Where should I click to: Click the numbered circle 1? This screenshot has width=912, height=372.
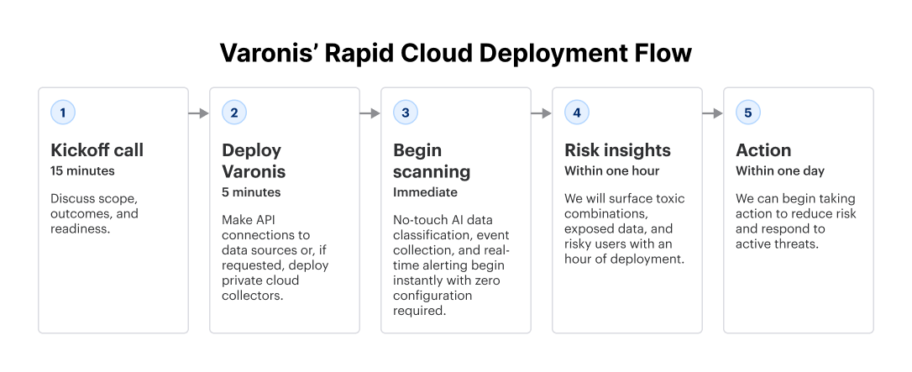pyautogui.click(x=63, y=113)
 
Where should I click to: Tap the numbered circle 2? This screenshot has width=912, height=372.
pyautogui.click(x=234, y=113)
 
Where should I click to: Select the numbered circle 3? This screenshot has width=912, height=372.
pyautogui.click(x=406, y=113)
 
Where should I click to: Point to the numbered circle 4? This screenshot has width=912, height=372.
pyautogui.click(x=577, y=113)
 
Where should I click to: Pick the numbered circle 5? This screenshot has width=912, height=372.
pyautogui.click(x=748, y=113)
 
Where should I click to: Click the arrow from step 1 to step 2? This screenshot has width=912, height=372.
pyautogui.click(x=199, y=113)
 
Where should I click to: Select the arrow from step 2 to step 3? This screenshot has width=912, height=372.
pyautogui.click(x=370, y=113)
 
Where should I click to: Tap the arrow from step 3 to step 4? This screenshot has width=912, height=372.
pyautogui.click(x=542, y=113)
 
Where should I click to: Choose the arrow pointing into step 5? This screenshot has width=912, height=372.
pyautogui.click(x=713, y=113)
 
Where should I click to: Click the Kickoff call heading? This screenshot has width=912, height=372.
pyautogui.click(x=97, y=150)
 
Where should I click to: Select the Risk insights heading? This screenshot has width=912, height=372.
pyautogui.click(x=617, y=150)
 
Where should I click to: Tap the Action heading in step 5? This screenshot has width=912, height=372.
pyautogui.click(x=763, y=150)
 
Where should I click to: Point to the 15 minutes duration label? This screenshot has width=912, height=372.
pyautogui.click(x=82, y=171)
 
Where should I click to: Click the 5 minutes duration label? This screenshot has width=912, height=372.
pyautogui.click(x=251, y=193)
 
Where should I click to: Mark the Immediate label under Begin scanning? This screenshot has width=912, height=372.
pyautogui.click(x=425, y=193)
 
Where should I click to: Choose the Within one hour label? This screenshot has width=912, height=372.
pyautogui.click(x=611, y=171)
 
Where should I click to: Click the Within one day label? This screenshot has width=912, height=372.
pyautogui.click(x=780, y=171)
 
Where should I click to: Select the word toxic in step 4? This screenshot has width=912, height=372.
pyautogui.click(x=668, y=199)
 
